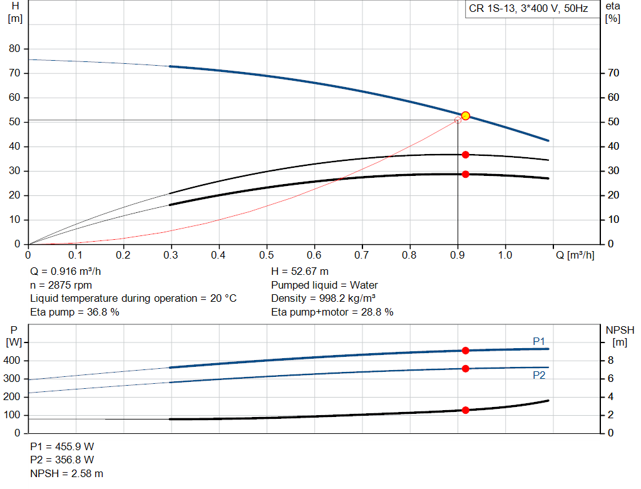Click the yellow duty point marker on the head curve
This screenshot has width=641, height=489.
tap(465, 116)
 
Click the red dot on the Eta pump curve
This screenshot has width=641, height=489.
tap(465, 155)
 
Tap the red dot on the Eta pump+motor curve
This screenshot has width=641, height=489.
tap(465, 174)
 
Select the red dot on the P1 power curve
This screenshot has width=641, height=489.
tap(465, 351)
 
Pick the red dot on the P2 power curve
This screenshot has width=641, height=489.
tap(465, 369)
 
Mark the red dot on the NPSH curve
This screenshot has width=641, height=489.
tap(465, 410)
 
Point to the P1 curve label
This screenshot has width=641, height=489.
tap(539, 341)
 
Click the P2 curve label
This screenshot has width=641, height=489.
tap(539, 375)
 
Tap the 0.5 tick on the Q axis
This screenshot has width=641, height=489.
tap(267, 255)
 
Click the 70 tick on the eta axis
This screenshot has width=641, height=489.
tap(613, 73)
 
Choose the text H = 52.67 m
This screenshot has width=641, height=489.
tap(300, 272)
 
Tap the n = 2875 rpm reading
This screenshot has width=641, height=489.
tap(61, 285)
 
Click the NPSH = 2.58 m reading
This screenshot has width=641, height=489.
tap(66, 474)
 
